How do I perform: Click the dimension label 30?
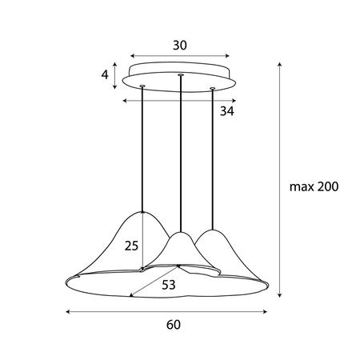pos(179,46)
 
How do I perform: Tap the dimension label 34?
pos(227,112)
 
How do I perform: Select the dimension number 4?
pos(106,76)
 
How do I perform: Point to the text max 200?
pos(314,187)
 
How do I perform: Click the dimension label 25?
pos(132,246)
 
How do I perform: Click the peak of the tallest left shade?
pos(142,212)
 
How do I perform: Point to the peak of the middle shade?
pos(182,233)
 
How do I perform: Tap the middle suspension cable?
pos(182,152)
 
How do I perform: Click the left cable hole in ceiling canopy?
pos(142,86)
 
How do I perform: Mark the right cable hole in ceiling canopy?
pos(213,88)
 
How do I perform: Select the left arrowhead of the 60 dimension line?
pos(66,310)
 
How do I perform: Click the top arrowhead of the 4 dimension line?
pos(117,64)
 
